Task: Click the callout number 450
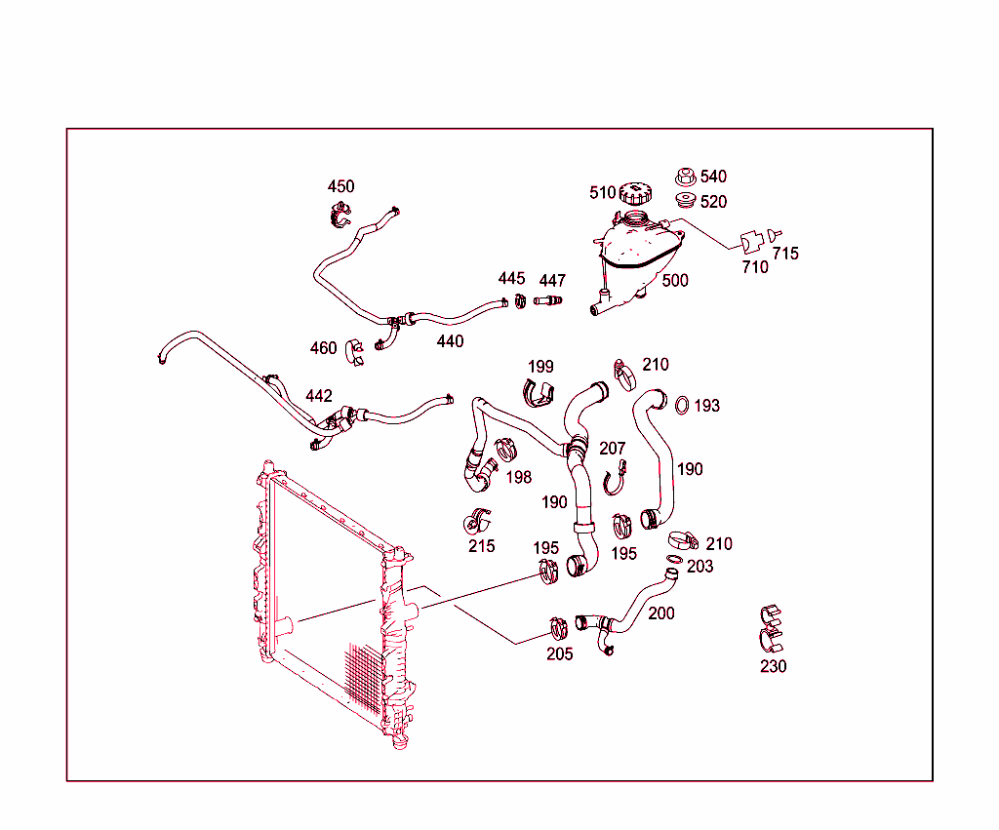pos(340,186)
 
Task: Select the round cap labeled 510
pos(634,194)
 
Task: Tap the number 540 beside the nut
pos(713,177)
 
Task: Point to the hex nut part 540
pos(686,178)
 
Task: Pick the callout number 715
pos(785,254)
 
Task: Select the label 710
pos(755,267)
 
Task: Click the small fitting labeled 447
pos(550,299)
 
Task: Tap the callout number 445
pos(512,279)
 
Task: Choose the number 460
pos(323,348)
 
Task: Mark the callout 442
pos(319,396)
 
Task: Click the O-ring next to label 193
pos(683,404)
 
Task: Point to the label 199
pos(540,367)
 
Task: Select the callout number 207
pos(613,449)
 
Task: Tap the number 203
pos(699,567)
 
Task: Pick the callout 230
pos(773,667)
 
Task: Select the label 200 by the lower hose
pos(660,613)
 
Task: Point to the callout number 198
pos(519,477)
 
